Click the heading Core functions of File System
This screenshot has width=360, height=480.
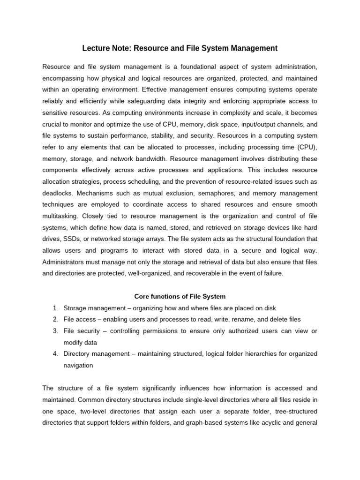point(180,297)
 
